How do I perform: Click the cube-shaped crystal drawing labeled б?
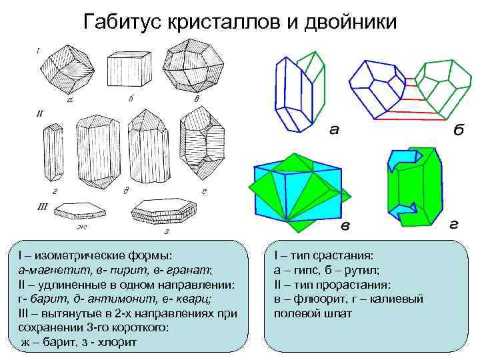click(x=131, y=69)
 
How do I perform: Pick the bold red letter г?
click(x=453, y=225)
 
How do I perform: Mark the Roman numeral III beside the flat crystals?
click(x=42, y=207)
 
